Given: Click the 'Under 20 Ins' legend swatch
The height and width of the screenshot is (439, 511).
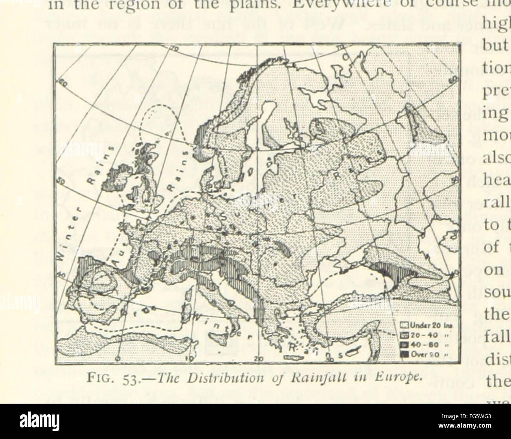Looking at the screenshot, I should (x=403, y=325).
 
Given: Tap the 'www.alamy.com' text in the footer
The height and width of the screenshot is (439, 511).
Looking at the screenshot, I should (x=475, y=428).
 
